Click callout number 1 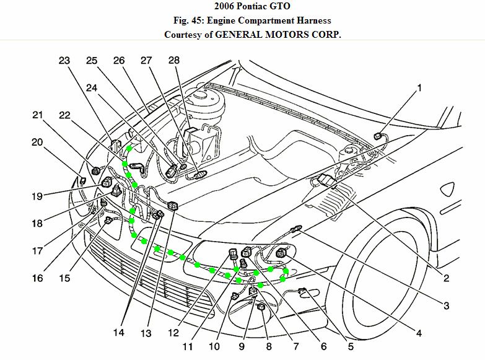tap(419, 87)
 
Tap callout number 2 tap(445, 278)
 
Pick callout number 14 tap(119, 333)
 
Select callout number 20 tap(37, 142)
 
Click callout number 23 tap(65, 61)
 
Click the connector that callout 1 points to tap(379, 136)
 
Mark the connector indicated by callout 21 tap(96, 170)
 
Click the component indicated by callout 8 tap(261, 307)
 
